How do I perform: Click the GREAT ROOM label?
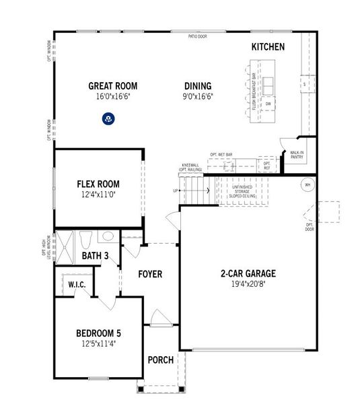(112, 86)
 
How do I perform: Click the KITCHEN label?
(268, 47)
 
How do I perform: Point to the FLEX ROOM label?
(98, 184)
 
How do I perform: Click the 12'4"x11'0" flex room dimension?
(98, 195)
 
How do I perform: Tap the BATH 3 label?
(95, 256)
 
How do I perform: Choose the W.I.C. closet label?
(76, 284)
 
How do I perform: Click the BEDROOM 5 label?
(98, 333)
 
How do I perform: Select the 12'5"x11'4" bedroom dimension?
(98, 344)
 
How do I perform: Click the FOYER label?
(151, 274)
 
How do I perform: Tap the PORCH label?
(160, 360)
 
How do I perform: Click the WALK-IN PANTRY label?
(297, 155)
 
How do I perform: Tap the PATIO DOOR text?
(197, 36)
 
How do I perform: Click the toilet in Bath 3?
(85, 240)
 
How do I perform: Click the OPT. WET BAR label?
(221, 154)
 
